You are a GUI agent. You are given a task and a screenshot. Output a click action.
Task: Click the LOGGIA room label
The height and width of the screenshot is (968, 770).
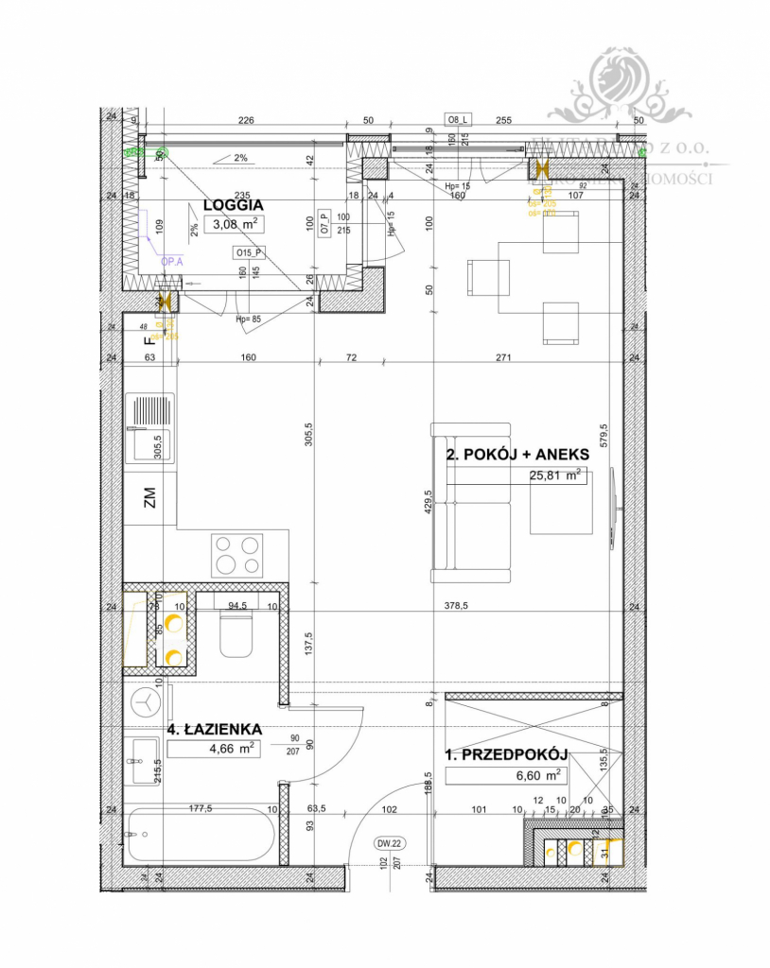click(x=233, y=203)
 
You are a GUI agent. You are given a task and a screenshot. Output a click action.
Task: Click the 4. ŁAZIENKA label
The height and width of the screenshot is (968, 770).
click(x=214, y=730)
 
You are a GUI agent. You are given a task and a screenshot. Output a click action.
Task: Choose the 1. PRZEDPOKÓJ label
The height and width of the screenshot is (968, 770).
click(x=505, y=754)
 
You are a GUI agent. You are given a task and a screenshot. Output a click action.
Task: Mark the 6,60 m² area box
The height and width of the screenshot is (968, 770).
click(x=505, y=775)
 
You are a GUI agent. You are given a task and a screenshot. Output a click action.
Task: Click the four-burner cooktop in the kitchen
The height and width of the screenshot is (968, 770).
click(x=237, y=555)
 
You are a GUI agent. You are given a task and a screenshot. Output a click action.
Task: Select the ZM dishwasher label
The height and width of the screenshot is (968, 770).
click(x=149, y=498)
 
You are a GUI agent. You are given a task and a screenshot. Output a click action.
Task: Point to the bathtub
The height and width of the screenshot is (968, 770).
click(x=201, y=835)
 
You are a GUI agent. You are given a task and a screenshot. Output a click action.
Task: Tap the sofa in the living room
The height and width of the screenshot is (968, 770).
click(x=470, y=503)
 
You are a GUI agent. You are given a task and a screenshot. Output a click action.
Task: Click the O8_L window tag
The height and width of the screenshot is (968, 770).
click(x=459, y=119)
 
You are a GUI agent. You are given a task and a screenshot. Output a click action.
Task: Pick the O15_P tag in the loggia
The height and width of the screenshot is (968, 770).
click(x=249, y=252)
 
